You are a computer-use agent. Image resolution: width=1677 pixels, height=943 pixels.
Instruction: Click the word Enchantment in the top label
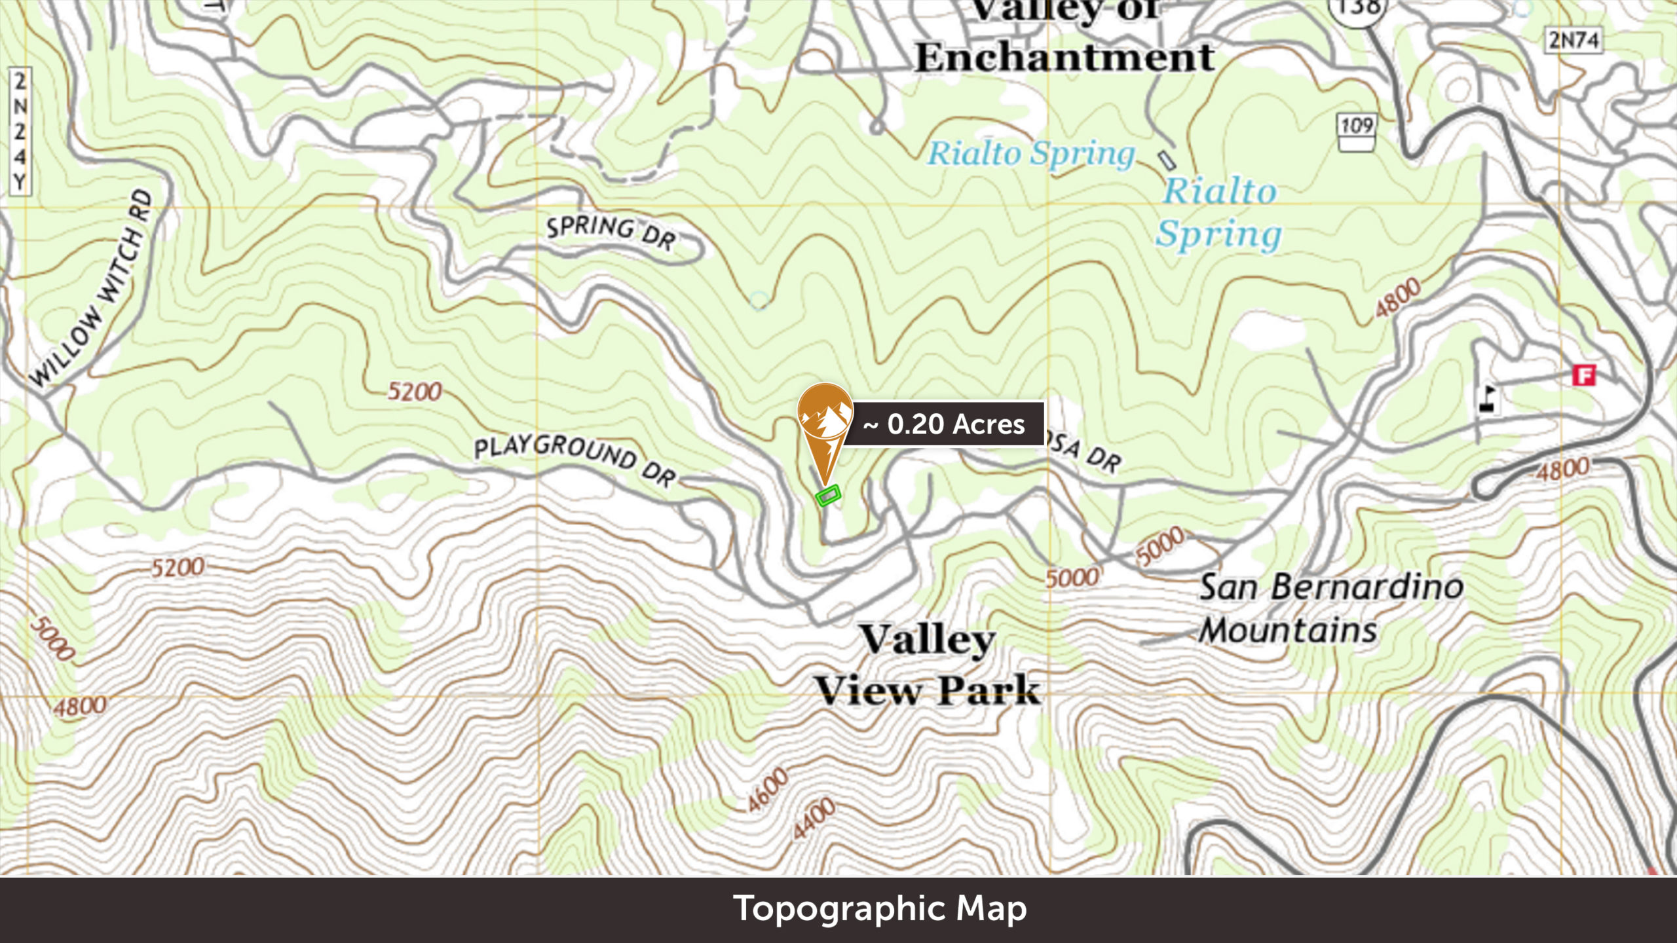pyautogui.click(x=1065, y=58)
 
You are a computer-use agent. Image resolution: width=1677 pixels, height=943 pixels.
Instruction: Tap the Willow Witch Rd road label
pyautogui.click(x=92, y=288)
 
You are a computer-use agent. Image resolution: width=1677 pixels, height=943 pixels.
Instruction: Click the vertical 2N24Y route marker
pyautogui.click(x=20, y=131)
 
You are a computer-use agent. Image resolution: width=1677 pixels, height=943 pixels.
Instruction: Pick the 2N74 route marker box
pyautogui.click(x=1573, y=41)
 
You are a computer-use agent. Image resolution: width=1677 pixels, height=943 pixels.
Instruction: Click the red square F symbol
pyautogui.click(x=1584, y=375)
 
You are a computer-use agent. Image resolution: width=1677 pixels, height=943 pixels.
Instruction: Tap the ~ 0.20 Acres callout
pyautogui.click(x=943, y=424)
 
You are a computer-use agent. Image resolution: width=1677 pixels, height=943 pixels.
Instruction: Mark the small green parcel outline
pyautogui.click(x=827, y=495)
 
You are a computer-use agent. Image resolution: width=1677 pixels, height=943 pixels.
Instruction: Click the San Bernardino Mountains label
pyautogui.click(x=1330, y=609)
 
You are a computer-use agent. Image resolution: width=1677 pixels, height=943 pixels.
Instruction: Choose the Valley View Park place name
pyautogui.click(x=927, y=665)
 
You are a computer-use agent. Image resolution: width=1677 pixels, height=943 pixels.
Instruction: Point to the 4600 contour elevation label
pyautogui.click(x=768, y=790)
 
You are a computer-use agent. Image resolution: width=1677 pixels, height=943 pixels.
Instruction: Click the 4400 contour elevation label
pyautogui.click(x=814, y=819)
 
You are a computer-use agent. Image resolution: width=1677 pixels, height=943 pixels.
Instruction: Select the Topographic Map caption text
pyautogui.click(x=880, y=909)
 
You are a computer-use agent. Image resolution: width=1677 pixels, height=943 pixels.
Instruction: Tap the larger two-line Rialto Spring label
pyautogui.click(x=1218, y=213)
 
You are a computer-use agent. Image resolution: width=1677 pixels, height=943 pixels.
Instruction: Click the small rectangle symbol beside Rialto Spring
pyautogui.click(x=1167, y=160)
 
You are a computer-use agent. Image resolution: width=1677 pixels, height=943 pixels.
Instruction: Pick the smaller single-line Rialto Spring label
pyautogui.click(x=1031, y=154)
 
